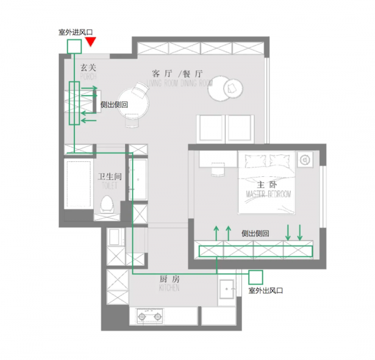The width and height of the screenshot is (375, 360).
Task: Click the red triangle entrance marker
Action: tap(91, 41)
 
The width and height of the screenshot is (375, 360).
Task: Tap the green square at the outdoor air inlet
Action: tap(74, 46)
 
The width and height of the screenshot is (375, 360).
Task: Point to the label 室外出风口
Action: tap(266, 291)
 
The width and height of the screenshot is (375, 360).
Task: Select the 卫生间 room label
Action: tap(109, 177)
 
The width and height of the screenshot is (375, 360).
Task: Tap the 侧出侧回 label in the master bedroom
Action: tap(255, 233)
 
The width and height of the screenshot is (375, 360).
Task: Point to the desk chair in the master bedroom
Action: tap(219, 168)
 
